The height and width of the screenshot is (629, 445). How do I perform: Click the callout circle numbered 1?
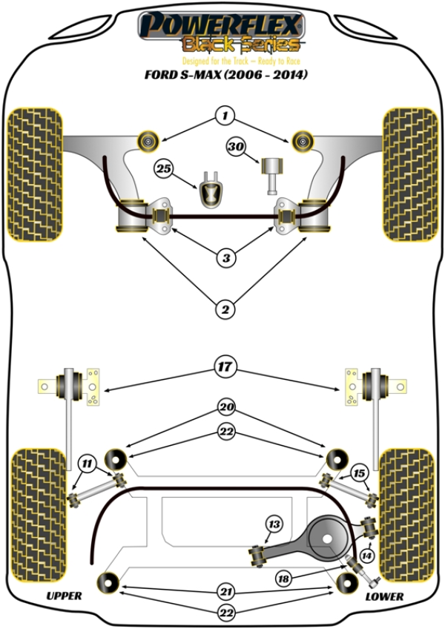[225, 116]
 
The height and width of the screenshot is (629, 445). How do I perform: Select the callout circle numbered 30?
[236, 147]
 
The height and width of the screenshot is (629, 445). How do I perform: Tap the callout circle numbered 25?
[164, 168]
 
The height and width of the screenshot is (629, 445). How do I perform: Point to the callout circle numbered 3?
[226, 257]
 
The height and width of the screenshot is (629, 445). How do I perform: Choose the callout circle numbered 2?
[225, 309]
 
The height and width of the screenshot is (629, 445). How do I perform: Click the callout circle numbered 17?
[225, 366]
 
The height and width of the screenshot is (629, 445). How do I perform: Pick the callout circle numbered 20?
[226, 407]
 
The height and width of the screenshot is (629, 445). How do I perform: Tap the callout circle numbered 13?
[274, 524]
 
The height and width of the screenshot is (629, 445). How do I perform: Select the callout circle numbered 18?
[284, 579]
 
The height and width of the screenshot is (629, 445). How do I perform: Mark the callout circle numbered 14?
[366, 556]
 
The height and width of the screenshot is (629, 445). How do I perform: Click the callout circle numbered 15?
[359, 473]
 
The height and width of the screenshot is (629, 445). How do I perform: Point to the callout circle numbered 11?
[87, 464]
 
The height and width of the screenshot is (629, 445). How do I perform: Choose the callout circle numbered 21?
[226, 592]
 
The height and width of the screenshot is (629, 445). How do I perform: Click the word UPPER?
[65, 596]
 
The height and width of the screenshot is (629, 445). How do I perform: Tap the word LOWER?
[384, 596]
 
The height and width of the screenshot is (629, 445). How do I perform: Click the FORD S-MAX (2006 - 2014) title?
[226, 75]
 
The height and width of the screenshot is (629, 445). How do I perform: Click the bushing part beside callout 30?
[272, 176]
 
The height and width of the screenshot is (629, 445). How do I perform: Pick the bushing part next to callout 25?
[211, 190]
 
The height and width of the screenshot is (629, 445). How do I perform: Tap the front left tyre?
[35, 174]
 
